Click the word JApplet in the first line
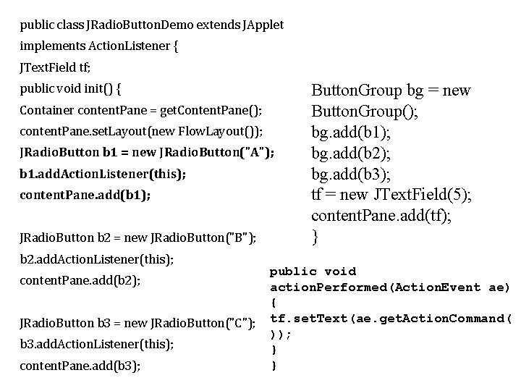point(263,25)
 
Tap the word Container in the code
point(45,112)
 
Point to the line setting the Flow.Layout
point(141,132)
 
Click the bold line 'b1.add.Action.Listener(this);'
point(103,174)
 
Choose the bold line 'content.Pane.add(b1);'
point(85,195)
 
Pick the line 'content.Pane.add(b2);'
point(80,280)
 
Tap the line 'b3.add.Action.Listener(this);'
point(96,344)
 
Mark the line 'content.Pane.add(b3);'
point(80,366)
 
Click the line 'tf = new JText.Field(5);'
point(391,195)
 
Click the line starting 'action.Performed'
point(389,287)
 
